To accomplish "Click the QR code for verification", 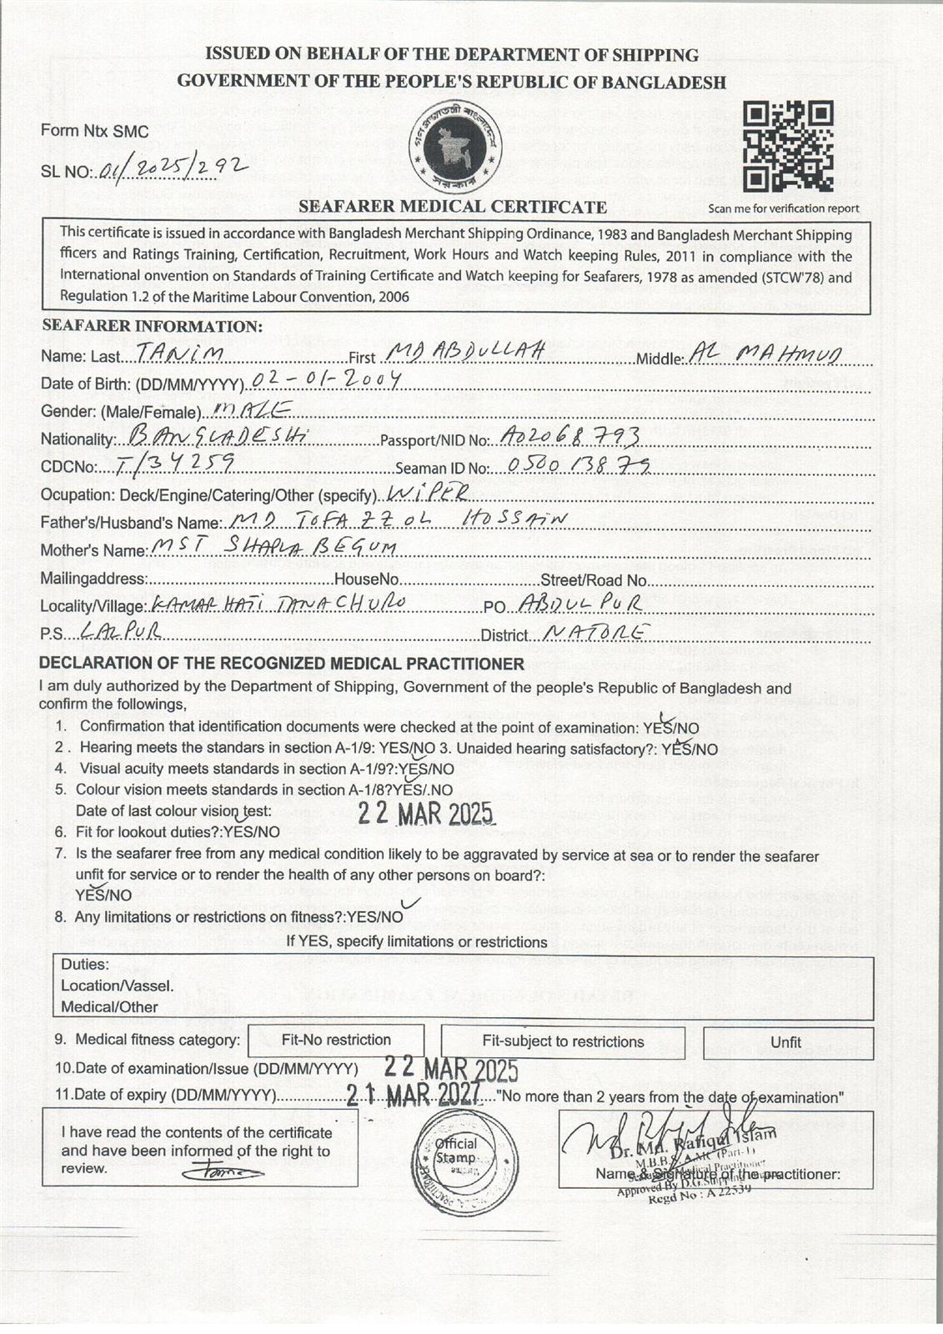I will (x=788, y=147).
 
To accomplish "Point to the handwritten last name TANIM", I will (x=179, y=354).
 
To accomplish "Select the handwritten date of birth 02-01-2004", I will (x=326, y=381).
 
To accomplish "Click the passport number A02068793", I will (x=572, y=436).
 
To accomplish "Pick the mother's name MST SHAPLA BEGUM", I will (x=272, y=548).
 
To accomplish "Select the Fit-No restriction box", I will (x=336, y=1041).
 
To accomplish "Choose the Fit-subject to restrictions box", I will (x=563, y=1041).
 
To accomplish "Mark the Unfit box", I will (x=786, y=1042).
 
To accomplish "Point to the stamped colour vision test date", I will (x=426, y=814).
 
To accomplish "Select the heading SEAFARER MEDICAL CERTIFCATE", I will (x=453, y=207).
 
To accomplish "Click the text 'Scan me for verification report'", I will (x=784, y=208).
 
